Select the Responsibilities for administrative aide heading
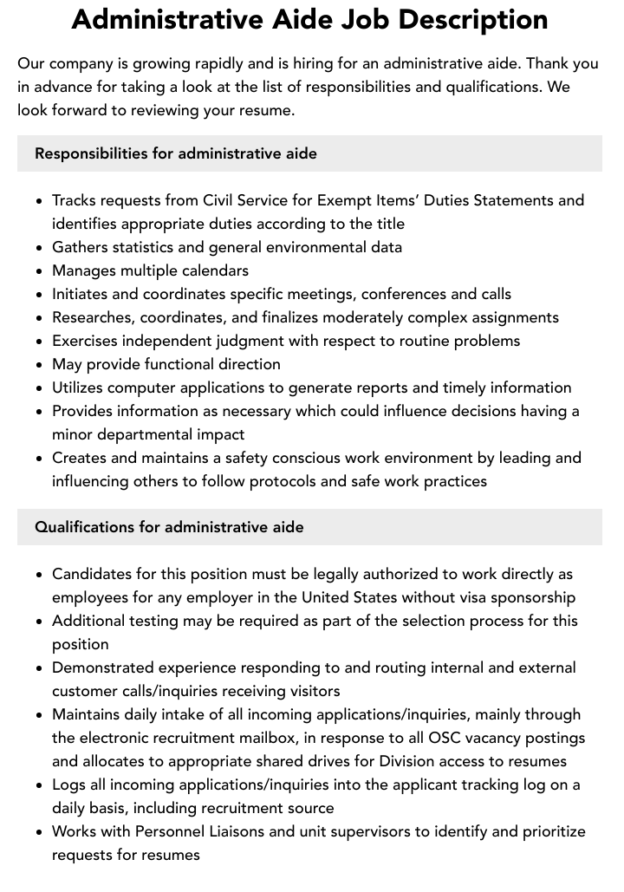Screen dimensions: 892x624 click(x=176, y=153)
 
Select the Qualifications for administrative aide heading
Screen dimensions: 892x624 click(x=169, y=527)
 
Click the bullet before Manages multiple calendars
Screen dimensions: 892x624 click(x=40, y=271)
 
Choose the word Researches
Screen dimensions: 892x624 click(x=92, y=317)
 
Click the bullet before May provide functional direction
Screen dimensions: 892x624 click(x=40, y=365)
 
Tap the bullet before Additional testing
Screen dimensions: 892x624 click(x=40, y=622)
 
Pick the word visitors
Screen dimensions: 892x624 click(x=310, y=691)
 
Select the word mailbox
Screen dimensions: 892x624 click(x=273, y=738)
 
